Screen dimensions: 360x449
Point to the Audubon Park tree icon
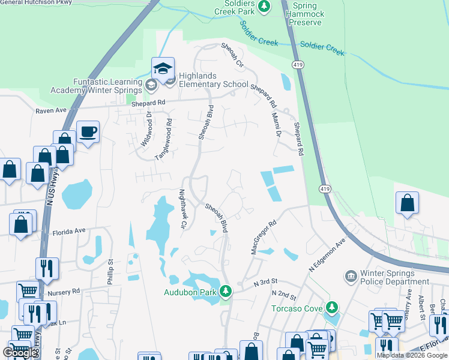click(226, 292)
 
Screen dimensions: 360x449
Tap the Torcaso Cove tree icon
click(331, 308)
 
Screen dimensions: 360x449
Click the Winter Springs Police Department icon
click(351, 277)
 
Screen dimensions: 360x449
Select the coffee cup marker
click(88, 131)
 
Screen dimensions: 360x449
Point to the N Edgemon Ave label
click(328, 256)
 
